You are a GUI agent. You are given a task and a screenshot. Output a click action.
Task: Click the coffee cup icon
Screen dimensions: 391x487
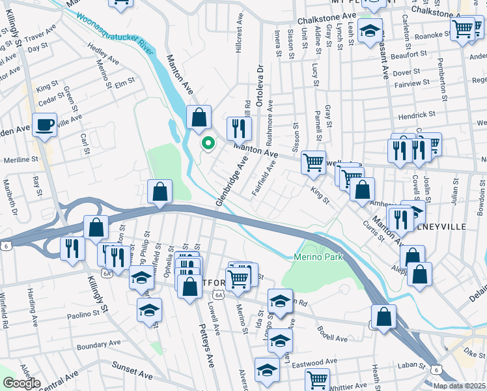coord(45,124)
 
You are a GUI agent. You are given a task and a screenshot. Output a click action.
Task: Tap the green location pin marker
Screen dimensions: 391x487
coord(208,143)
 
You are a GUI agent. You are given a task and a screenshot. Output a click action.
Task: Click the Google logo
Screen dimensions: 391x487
coord(21,383)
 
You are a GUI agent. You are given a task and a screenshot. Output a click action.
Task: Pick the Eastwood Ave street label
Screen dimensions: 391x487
coord(315,362)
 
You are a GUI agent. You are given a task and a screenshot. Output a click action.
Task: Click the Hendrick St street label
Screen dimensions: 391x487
coord(417,115)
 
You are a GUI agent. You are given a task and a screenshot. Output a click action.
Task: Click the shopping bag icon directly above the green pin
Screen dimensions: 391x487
coord(199,117)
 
